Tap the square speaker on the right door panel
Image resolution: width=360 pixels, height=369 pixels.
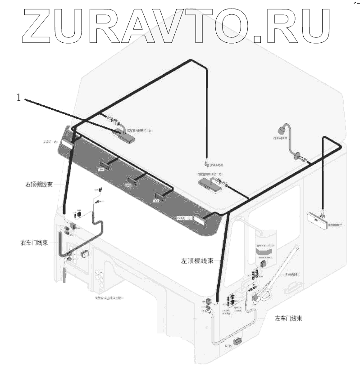pos(85,255)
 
